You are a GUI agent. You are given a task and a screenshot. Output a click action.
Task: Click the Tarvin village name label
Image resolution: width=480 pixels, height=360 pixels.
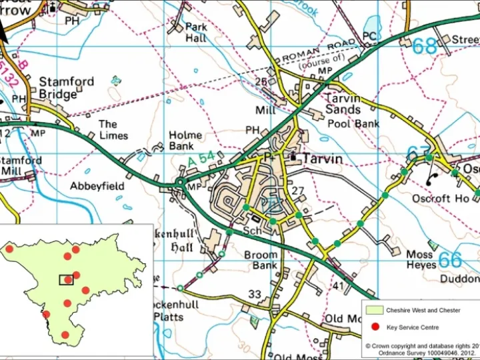[x=323, y=159]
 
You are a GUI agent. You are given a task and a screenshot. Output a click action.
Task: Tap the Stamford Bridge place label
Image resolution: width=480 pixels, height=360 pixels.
[x=66, y=88]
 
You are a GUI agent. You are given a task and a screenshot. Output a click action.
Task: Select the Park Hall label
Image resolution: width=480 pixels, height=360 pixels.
[x=196, y=33]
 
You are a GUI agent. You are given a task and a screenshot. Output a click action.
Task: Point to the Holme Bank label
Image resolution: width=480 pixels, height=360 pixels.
[x=185, y=141]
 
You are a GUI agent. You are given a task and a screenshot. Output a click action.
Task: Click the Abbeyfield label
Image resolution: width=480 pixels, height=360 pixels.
[x=97, y=186]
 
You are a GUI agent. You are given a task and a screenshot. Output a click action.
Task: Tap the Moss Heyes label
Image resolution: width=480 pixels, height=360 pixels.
[x=421, y=260]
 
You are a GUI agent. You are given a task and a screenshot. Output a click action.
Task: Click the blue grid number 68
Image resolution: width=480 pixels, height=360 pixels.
[x=425, y=46]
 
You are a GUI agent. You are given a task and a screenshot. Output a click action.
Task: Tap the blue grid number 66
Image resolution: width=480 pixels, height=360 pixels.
[x=450, y=259]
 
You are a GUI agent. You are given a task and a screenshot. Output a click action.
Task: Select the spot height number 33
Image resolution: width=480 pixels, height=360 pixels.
[x=255, y=294]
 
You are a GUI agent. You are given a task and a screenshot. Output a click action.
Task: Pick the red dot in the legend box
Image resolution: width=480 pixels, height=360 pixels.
[x=375, y=327]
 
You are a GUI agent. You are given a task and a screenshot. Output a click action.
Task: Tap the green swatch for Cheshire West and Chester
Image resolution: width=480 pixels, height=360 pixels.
[x=375, y=310]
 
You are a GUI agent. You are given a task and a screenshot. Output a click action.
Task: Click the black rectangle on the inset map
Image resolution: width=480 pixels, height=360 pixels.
[x=67, y=280]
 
